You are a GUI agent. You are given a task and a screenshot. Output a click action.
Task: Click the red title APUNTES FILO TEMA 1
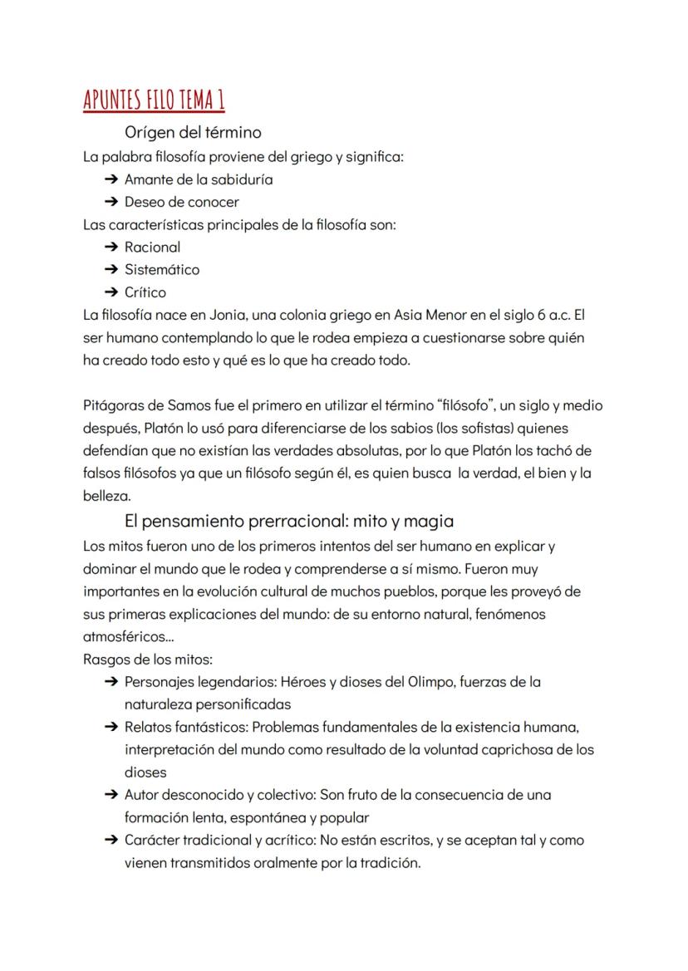[155, 100]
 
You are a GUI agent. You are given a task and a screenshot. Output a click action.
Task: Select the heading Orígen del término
[193, 132]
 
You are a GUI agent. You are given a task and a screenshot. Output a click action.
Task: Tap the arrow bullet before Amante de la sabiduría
[111, 179]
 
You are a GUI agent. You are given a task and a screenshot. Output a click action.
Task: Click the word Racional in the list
[152, 247]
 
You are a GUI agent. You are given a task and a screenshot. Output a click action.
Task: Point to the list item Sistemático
[162, 269]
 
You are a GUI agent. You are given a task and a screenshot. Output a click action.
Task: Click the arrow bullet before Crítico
[111, 292]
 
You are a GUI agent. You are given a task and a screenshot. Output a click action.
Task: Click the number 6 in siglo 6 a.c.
[540, 316]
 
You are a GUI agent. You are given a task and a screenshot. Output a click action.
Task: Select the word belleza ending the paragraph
[107, 497]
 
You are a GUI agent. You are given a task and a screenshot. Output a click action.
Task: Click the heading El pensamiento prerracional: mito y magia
[289, 522]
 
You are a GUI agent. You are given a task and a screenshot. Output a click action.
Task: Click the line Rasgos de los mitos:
[148, 660]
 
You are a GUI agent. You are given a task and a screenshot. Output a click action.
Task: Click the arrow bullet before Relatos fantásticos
[111, 727]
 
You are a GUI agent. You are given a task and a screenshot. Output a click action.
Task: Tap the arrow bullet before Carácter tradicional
[111, 840]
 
